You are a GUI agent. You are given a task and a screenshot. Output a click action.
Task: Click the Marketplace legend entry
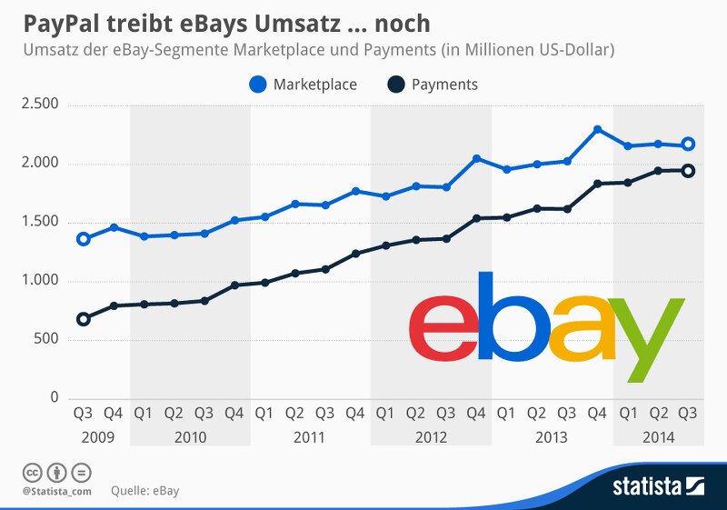pyautogui.click(x=304, y=85)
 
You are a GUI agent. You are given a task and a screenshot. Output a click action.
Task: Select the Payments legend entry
pyautogui.click(x=433, y=85)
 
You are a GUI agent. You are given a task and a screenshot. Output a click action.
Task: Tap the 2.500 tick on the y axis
pyautogui.click(x=39, y=105)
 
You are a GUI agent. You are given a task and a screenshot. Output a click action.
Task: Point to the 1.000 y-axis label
pyautogui.click(x=39, y=281)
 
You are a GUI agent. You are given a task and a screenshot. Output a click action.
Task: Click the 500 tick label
pyautogui.click(x=46, y=340)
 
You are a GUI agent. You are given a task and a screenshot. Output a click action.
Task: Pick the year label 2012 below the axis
pyautogui.click(x=431, y=437)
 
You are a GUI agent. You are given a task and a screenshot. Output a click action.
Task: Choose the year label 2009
pyautogui.click(x=98, y=437)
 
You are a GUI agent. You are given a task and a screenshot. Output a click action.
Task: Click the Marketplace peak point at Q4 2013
pyautogui.click(x=597, y=129)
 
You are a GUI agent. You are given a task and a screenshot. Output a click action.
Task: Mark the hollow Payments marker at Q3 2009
pyautogui.click(x=84, y=319)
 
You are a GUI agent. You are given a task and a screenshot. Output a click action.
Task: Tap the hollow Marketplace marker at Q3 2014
pyautogui.click(x=689, y=144)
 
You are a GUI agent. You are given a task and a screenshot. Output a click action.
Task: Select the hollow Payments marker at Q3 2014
pyautogui.click(x=689, y=170)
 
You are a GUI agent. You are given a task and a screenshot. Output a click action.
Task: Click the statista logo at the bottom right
pyautogui.click(x=658, y=485)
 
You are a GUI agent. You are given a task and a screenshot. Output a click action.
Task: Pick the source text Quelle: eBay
pyautogui.click(x=145, y=492)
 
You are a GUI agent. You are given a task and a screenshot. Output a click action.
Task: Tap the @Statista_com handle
pyautogui.click(x=56, y=492)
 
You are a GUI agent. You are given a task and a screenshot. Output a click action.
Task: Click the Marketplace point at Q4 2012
pyautogui.click(x=476, y=158)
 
